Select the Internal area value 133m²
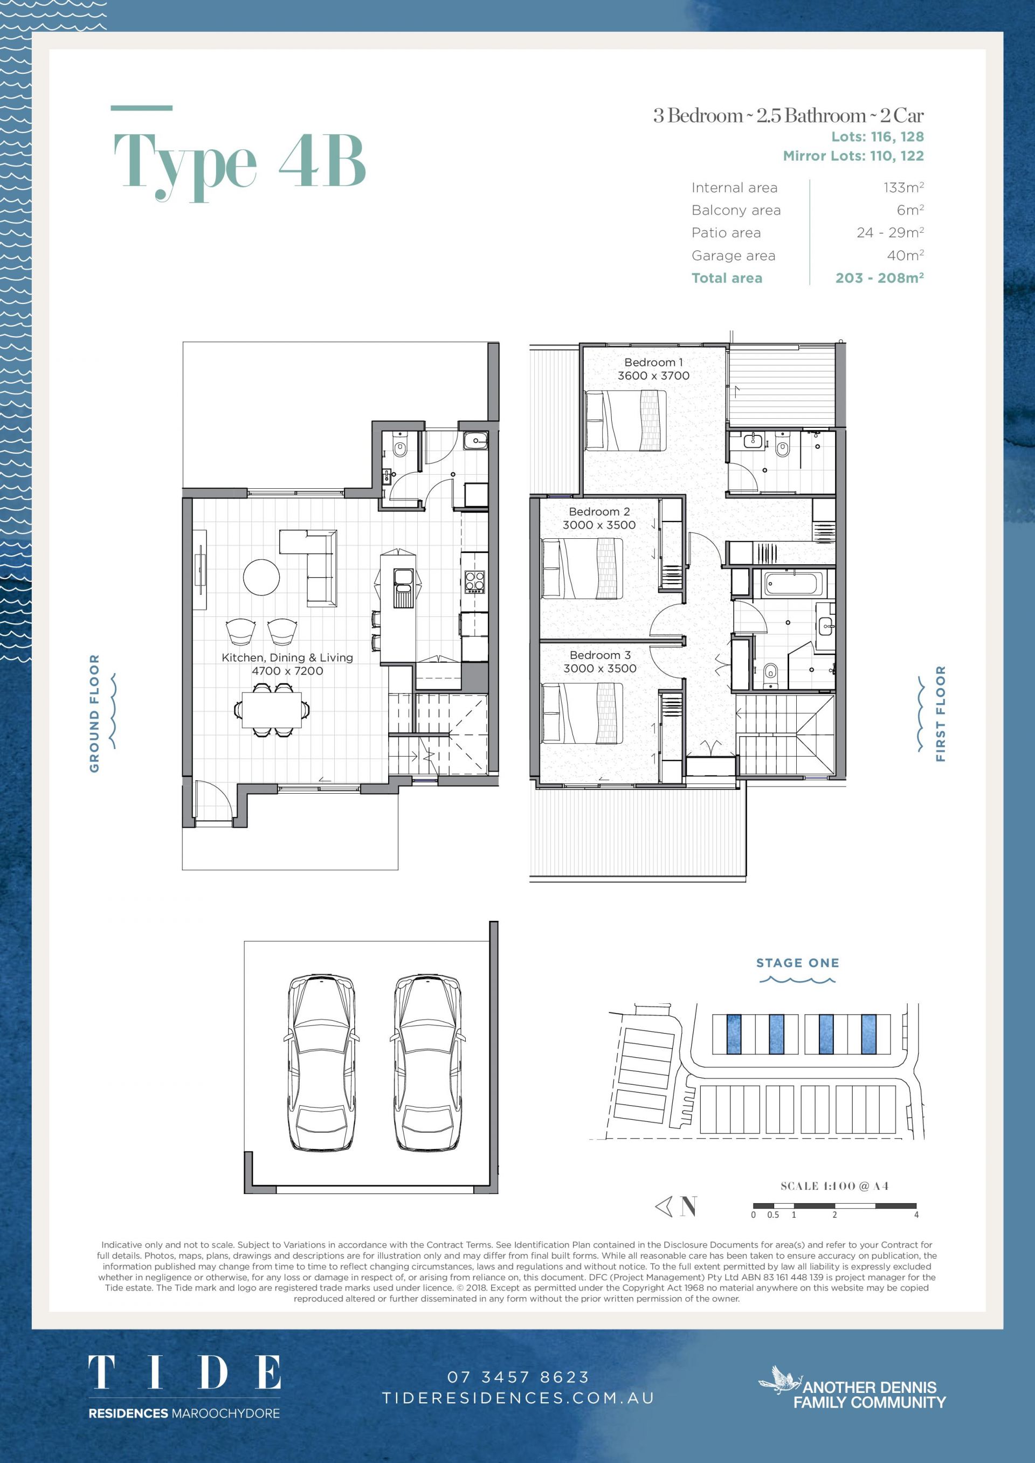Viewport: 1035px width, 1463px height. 903,188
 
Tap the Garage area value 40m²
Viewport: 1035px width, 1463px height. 905,255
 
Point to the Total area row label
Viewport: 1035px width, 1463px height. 727,278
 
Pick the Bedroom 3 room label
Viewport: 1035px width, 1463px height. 600,661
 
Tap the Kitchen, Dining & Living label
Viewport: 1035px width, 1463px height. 287,664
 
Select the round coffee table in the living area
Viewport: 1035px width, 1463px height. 261,577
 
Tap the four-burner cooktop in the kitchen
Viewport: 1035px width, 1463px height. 475,581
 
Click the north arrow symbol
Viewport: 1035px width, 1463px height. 675,1206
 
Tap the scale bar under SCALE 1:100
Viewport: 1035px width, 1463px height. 834,1205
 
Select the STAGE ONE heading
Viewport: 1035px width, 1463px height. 797,963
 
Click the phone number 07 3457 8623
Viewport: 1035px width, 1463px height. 518,1377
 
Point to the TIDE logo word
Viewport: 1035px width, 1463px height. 184,1373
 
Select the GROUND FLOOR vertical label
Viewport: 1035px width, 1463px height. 94,713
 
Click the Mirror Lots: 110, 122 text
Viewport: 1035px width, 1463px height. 853,156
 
